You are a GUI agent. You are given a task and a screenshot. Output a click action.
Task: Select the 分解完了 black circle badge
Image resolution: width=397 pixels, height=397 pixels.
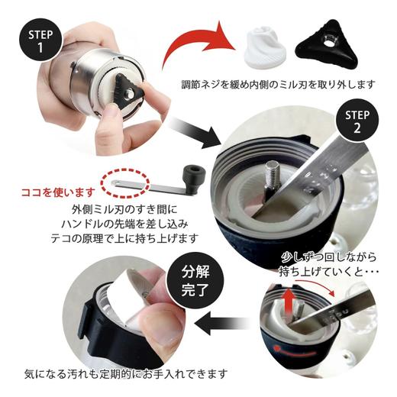tap(202, 280)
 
